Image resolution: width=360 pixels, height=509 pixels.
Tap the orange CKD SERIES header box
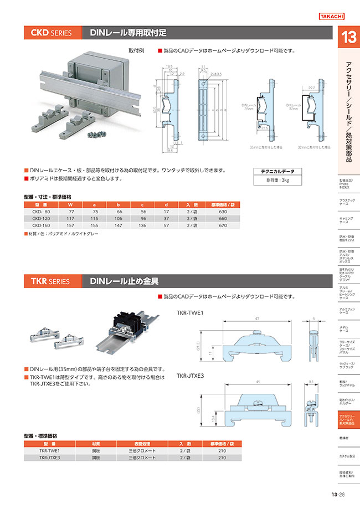[x=53, y=33]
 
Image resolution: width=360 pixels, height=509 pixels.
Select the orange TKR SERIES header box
[x=53, y=281]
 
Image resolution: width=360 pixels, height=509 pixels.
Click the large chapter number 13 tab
[x=348, y=39]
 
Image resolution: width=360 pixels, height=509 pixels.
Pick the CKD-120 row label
[x=42, y=218]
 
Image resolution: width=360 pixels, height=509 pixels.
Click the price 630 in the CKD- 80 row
[x=223, y=212]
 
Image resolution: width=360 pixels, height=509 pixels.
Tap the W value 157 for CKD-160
[x=70, y=225]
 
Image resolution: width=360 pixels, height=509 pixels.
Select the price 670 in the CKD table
[x=223, y=225]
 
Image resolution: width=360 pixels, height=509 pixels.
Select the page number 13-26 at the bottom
[x=338, y=495]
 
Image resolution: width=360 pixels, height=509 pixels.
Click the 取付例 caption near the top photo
[x=136, y=50]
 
